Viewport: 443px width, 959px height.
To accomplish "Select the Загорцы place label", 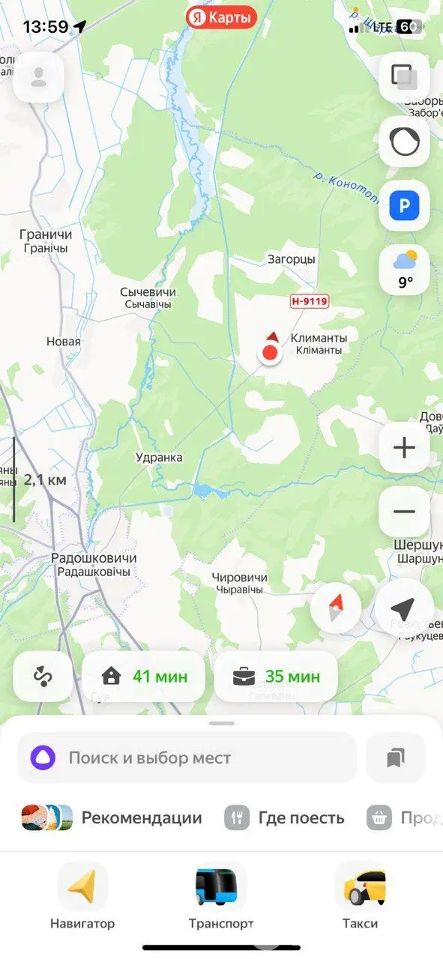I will click(292, 259).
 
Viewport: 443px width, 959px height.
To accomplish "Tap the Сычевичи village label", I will click(148, 297).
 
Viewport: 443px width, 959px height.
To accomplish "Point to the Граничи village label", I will click(46, 240).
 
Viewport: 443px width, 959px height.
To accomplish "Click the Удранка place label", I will click(159, 457).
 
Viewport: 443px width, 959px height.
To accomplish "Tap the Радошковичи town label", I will click(94, 564).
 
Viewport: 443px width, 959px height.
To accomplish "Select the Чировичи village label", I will click(239, 583).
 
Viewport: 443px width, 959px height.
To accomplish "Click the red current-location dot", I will click(270, 352).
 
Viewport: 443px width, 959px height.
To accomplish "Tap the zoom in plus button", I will click(404, 448).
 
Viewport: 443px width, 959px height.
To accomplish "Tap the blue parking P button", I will click(404, 205).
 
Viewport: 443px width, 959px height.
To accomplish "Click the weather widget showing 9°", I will click(404, 270).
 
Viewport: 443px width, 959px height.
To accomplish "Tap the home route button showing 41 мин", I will click(144, 677).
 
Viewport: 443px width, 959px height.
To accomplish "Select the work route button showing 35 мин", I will click(276, 677).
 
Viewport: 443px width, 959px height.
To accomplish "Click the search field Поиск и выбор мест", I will click(187, 757).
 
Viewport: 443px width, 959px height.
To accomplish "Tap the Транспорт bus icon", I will click(221, 886).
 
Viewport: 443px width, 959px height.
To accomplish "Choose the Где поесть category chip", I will click(285, 817).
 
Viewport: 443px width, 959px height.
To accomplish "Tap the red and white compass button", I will click(336, 608).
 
